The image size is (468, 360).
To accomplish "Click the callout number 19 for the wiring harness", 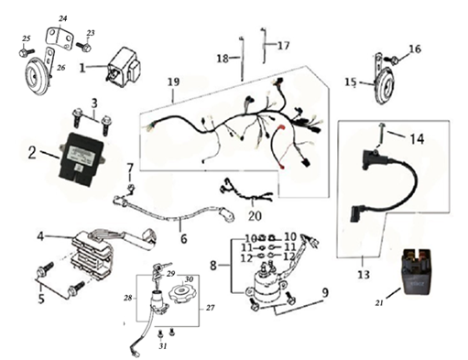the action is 174,82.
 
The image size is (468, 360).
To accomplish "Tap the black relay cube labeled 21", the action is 418,271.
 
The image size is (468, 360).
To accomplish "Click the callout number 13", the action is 364,275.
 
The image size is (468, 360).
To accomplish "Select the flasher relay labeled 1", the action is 123,67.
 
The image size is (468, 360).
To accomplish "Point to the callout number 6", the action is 183,238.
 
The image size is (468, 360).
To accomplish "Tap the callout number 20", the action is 255,216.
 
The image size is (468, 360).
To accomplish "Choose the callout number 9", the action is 325,293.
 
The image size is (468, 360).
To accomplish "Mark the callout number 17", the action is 283,46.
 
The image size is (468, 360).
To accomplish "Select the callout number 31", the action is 163,346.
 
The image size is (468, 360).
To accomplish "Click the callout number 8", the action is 213,266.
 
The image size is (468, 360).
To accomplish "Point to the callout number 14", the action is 417,139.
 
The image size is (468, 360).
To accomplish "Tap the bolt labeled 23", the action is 83,47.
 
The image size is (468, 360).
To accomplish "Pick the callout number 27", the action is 210,308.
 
